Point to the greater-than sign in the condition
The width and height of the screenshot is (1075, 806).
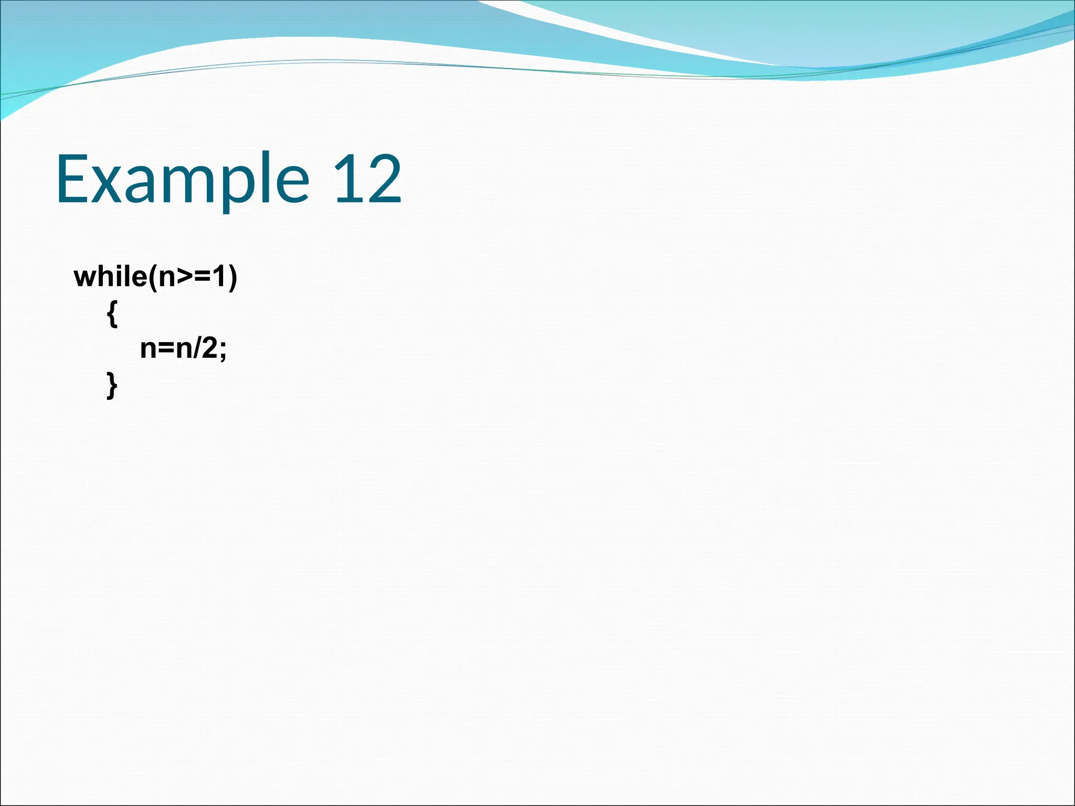[x=184, y=277]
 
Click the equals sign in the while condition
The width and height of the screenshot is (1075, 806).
[x=202, y=277]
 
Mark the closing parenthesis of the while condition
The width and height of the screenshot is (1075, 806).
[x=233, y=277]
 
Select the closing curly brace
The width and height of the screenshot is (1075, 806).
[x=112, y=386]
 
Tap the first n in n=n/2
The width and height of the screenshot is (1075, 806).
[x=149, y=349]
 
